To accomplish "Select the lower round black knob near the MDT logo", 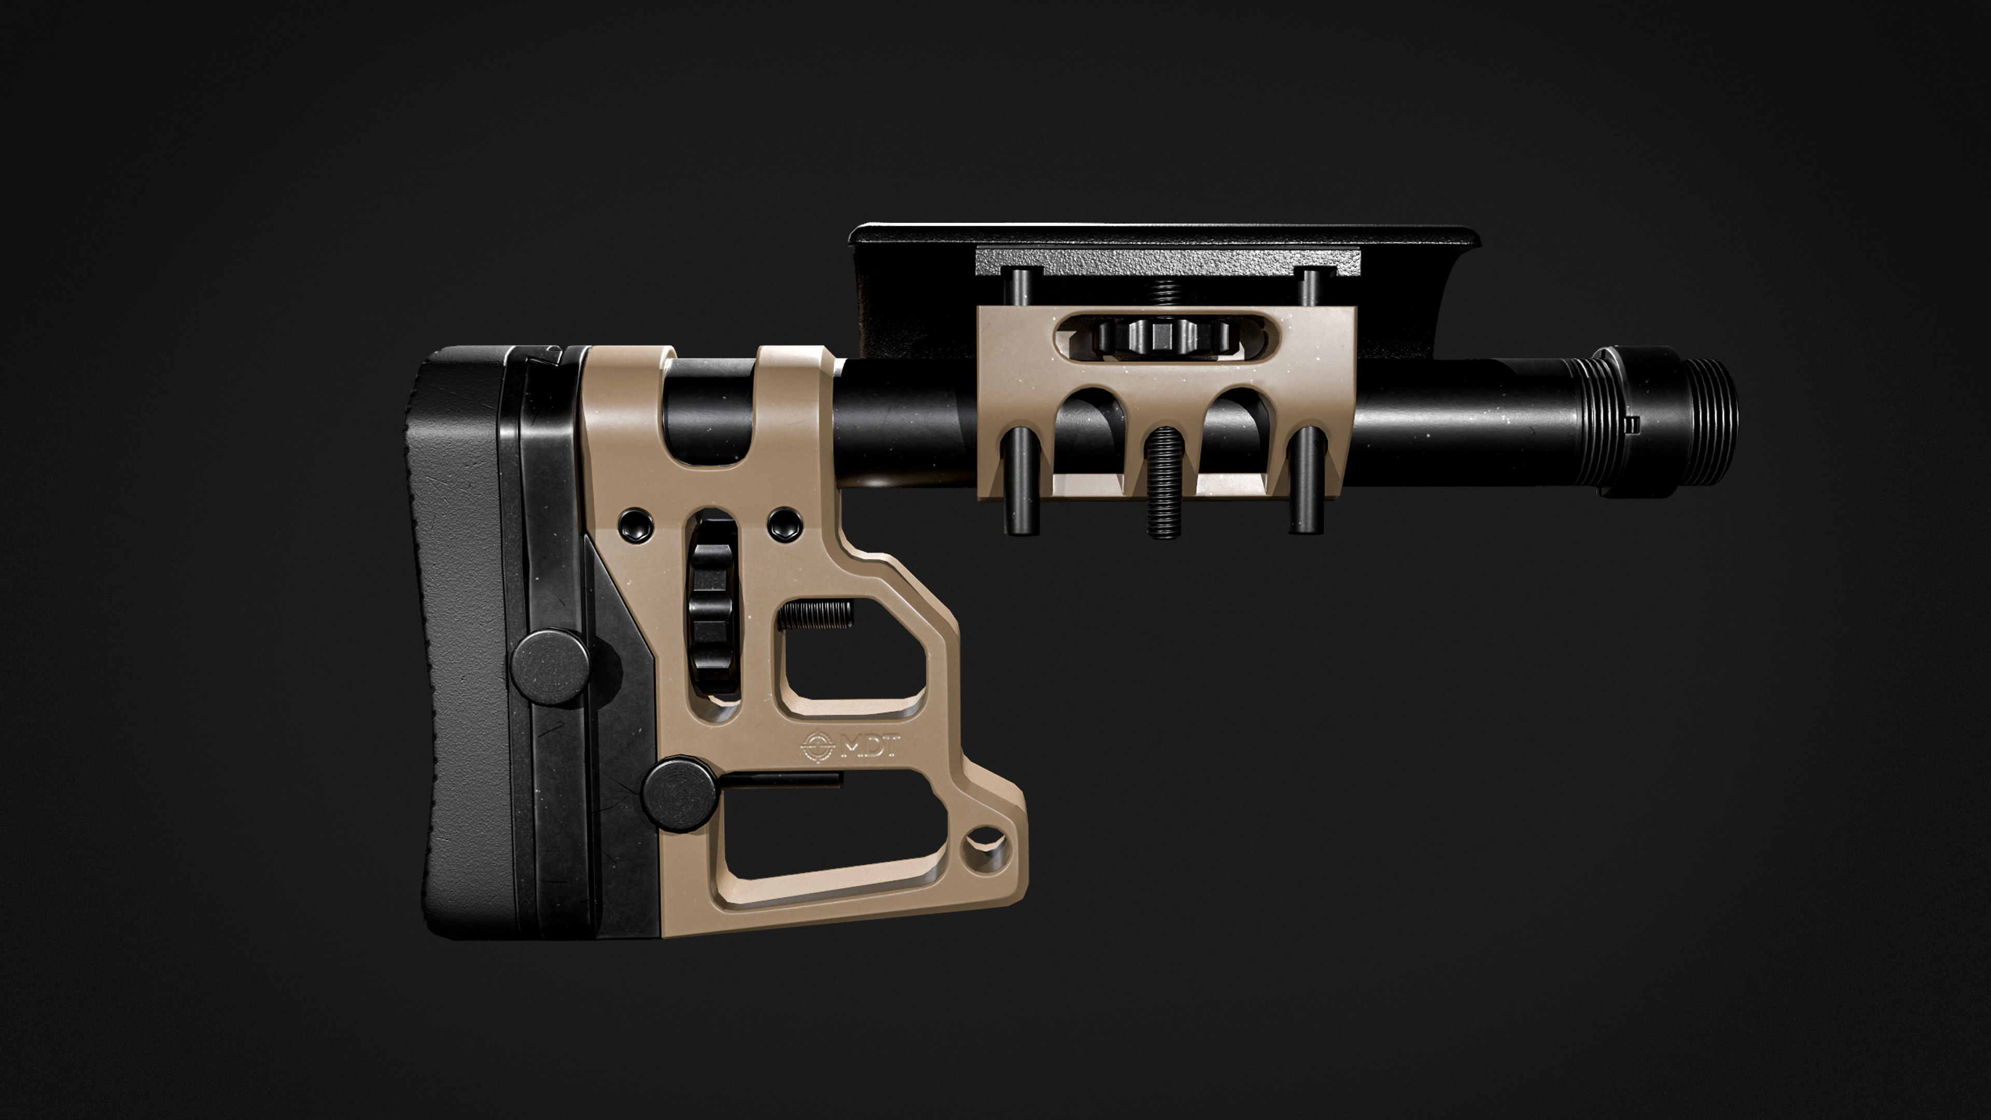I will point(679,794).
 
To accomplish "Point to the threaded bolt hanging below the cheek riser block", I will point(1163,483).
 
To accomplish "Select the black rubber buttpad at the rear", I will point(456,641).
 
